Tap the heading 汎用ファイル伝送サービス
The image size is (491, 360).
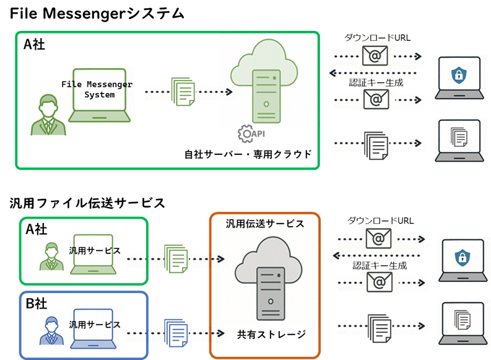pyautogui.click(x=87, y=203)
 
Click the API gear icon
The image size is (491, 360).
pyautogui.click(x=245, y=133)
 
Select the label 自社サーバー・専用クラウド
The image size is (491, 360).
pyautogui.click(x=248, y=154)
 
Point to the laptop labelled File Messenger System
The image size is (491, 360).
pyautogui.click(x=99, y=96)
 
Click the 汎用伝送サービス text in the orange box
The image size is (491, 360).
pyautogui.click(x=265, y=224)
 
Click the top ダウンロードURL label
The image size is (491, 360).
pyautogui.click(x=377, y=38)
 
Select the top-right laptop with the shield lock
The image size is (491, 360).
pyautogui.click(x=458, y=78)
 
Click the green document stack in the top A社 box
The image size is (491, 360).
pyautogui.click(x=182, y=91)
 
